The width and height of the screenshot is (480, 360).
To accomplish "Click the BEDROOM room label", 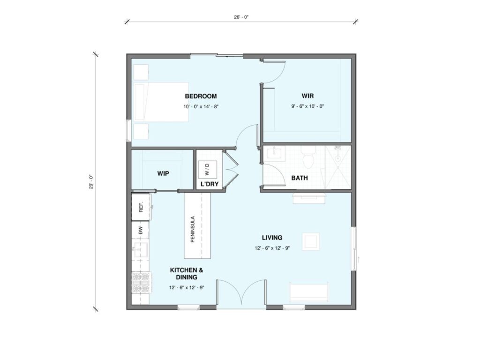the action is click(201, 96).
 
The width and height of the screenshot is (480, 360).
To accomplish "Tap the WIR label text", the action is click(307, 96).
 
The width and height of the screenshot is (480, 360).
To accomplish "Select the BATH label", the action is click(300, 178).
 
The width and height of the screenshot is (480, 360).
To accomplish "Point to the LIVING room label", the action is click(272, 238).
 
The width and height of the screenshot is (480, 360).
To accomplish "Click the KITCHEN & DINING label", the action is click(187, 274).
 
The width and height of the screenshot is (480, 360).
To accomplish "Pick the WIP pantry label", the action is click(163, 173).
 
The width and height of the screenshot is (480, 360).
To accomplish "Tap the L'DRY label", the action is click(210, 184).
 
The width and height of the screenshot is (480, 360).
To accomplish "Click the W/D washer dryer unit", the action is click(207, 169).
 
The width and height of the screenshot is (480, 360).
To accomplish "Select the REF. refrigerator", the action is click(141, 207).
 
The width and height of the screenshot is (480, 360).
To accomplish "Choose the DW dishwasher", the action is click(141, 230).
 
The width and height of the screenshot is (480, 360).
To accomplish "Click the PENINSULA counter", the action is click(197, 225).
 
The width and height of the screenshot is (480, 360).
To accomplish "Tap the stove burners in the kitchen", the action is click(142, 283).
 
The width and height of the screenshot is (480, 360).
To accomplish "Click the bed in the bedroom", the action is click(161, 102).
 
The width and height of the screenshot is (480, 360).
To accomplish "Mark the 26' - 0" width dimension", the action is click(241, 17).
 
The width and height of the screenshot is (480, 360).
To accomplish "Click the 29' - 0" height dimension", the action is click(91, 182).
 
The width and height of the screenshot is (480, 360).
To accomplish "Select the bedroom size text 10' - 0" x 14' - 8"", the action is click(201, 106).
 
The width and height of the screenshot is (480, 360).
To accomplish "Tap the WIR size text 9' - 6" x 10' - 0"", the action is click(307, 106).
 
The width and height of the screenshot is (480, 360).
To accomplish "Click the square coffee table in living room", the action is click(311, 242).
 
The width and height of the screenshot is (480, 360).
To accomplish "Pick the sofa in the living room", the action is click(309, 292).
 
